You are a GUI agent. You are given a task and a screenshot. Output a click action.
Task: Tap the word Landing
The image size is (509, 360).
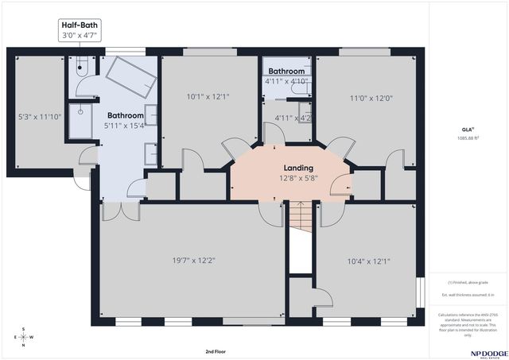(299, 168)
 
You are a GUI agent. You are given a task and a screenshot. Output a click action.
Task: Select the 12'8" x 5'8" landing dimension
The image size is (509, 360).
(299, 179)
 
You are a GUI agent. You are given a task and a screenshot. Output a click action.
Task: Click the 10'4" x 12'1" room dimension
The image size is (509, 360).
(368, 260)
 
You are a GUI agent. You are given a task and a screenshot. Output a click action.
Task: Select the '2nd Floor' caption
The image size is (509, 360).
(216, 350)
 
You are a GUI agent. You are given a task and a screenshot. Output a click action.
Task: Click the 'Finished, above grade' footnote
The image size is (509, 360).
(468, 281)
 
